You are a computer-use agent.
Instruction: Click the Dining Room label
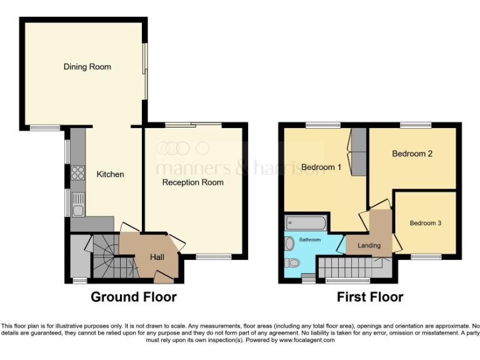pos(87,67)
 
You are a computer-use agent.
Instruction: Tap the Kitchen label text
pos(110,174)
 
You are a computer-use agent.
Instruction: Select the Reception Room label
pos(192,182)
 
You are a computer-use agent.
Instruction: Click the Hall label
pos(157,257)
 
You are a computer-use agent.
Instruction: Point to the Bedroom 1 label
pos(321,167)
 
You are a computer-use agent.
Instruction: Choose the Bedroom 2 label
pos(412,154)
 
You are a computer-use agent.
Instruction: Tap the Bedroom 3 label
pos(426,222)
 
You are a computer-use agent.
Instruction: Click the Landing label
pos(369,246)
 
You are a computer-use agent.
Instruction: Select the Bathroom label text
pos(309,240)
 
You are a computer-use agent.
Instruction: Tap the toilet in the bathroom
pos(291,262)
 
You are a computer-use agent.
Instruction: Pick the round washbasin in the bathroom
pos(289,243)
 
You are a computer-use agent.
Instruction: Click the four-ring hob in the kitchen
pos(79,172)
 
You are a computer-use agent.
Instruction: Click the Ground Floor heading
pos(134,297)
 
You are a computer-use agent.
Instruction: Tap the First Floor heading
pos(370,297)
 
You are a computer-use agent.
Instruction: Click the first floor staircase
pos(350,269)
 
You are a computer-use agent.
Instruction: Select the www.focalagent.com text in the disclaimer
pos(306,341)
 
